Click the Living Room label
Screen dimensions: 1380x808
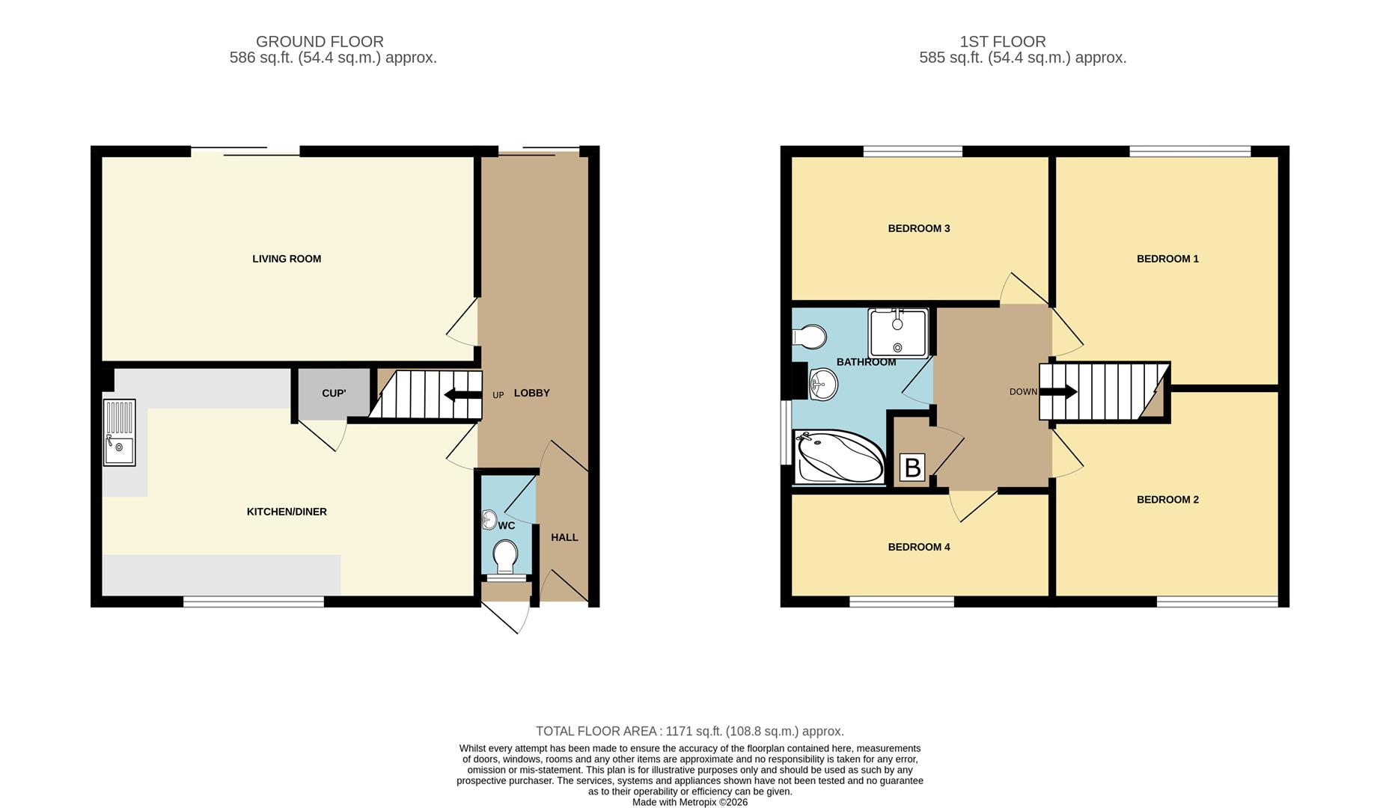(287, 259)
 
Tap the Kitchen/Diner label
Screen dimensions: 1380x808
(287, 512)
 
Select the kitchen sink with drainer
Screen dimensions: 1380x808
(120, 432)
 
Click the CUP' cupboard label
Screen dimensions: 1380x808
(334, 394)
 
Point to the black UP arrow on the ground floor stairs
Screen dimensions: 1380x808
(463, 394)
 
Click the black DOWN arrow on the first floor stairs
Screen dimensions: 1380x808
(1058, 391)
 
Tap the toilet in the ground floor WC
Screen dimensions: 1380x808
(506, 557)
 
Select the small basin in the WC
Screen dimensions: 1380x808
(489, 519)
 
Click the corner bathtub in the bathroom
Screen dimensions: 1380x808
(840, 456)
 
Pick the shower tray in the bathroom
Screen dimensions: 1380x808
(898, 333)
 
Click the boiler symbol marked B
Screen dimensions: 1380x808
(913, 468)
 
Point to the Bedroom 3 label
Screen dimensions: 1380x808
(919, 228)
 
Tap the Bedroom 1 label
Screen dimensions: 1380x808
(1167, 259)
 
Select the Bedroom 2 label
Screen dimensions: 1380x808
(1167, 500)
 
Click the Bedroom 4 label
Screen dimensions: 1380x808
(919, 547)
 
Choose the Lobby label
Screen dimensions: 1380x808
(532, 393)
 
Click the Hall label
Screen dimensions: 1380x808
(564, 537)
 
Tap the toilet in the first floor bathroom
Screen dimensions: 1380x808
(809, 337)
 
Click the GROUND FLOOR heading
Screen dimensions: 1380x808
(320, 42)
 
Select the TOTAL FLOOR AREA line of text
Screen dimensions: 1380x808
(690, 732)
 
